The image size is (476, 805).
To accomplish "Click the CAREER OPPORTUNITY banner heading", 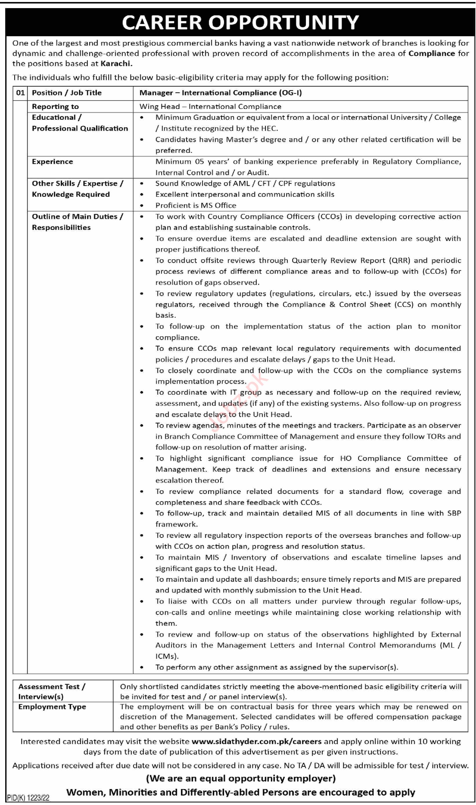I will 240,22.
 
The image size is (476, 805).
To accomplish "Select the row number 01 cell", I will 20,93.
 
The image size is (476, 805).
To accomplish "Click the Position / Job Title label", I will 67,93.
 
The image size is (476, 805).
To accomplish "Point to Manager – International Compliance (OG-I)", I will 220,93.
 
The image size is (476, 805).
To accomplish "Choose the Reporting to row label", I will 55,106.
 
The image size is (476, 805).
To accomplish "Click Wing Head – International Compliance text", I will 210,106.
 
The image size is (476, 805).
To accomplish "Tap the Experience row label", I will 52,162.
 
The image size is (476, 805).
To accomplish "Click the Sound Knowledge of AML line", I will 245,183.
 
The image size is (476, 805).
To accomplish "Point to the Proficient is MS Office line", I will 196,205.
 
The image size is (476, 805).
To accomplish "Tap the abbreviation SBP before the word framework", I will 454,513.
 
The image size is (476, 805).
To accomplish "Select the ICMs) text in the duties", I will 167,656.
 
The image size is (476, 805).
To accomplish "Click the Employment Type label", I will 52,707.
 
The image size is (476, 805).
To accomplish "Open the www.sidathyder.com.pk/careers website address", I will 256,742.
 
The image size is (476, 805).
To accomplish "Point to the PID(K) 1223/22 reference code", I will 28,798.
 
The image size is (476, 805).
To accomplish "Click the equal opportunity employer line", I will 241,778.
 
